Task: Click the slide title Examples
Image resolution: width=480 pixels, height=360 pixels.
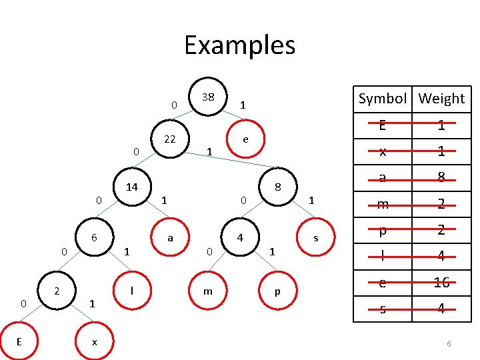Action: coord(239,45)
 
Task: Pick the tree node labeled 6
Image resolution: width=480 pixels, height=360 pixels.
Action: coord(95,238)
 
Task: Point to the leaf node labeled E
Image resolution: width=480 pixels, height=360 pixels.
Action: coord(19,341)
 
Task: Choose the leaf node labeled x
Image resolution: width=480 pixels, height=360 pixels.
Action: coord(95,341)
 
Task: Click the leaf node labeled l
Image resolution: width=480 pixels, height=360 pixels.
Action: coord(133,290)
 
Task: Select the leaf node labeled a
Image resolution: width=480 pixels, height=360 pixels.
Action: coord(171,237)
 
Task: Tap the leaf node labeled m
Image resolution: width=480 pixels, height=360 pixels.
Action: coord(209,291)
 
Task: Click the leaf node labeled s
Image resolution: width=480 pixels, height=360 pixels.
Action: coord(315,238)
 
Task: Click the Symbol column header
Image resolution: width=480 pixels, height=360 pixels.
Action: coord(382,99)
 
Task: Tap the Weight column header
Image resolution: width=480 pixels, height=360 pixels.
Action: coord(441,99)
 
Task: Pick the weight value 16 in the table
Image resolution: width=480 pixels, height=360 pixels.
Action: coord(441,283)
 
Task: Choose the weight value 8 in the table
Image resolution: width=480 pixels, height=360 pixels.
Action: coord(441,177)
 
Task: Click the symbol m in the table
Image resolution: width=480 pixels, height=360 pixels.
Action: coord(382,204)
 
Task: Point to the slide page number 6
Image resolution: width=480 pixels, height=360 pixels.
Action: coord(449,343)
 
